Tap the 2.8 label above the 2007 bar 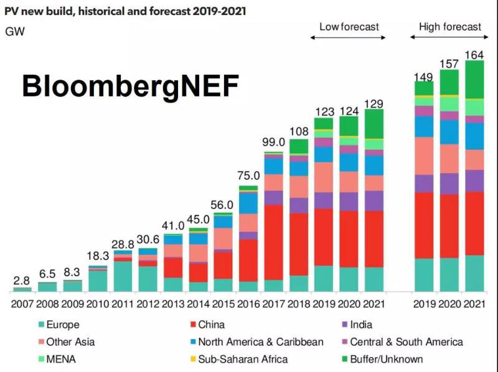pyautogui.click(x=22, y=281)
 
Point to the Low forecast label pyautogui.click(x=349, y=27)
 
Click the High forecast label pyautogui.click(x=449, y=27)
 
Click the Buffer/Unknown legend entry pyautogui.click(x=386, y=359)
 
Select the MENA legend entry pyautogui.click(x=62, y=359)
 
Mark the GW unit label pyautogui.click(x=15, y=31)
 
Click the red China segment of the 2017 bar pyautogui.click(x=274, y=243)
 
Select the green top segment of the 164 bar pyautogui.click(x=474, y=79)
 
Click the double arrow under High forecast pyautogui.click(x=449, y=37)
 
